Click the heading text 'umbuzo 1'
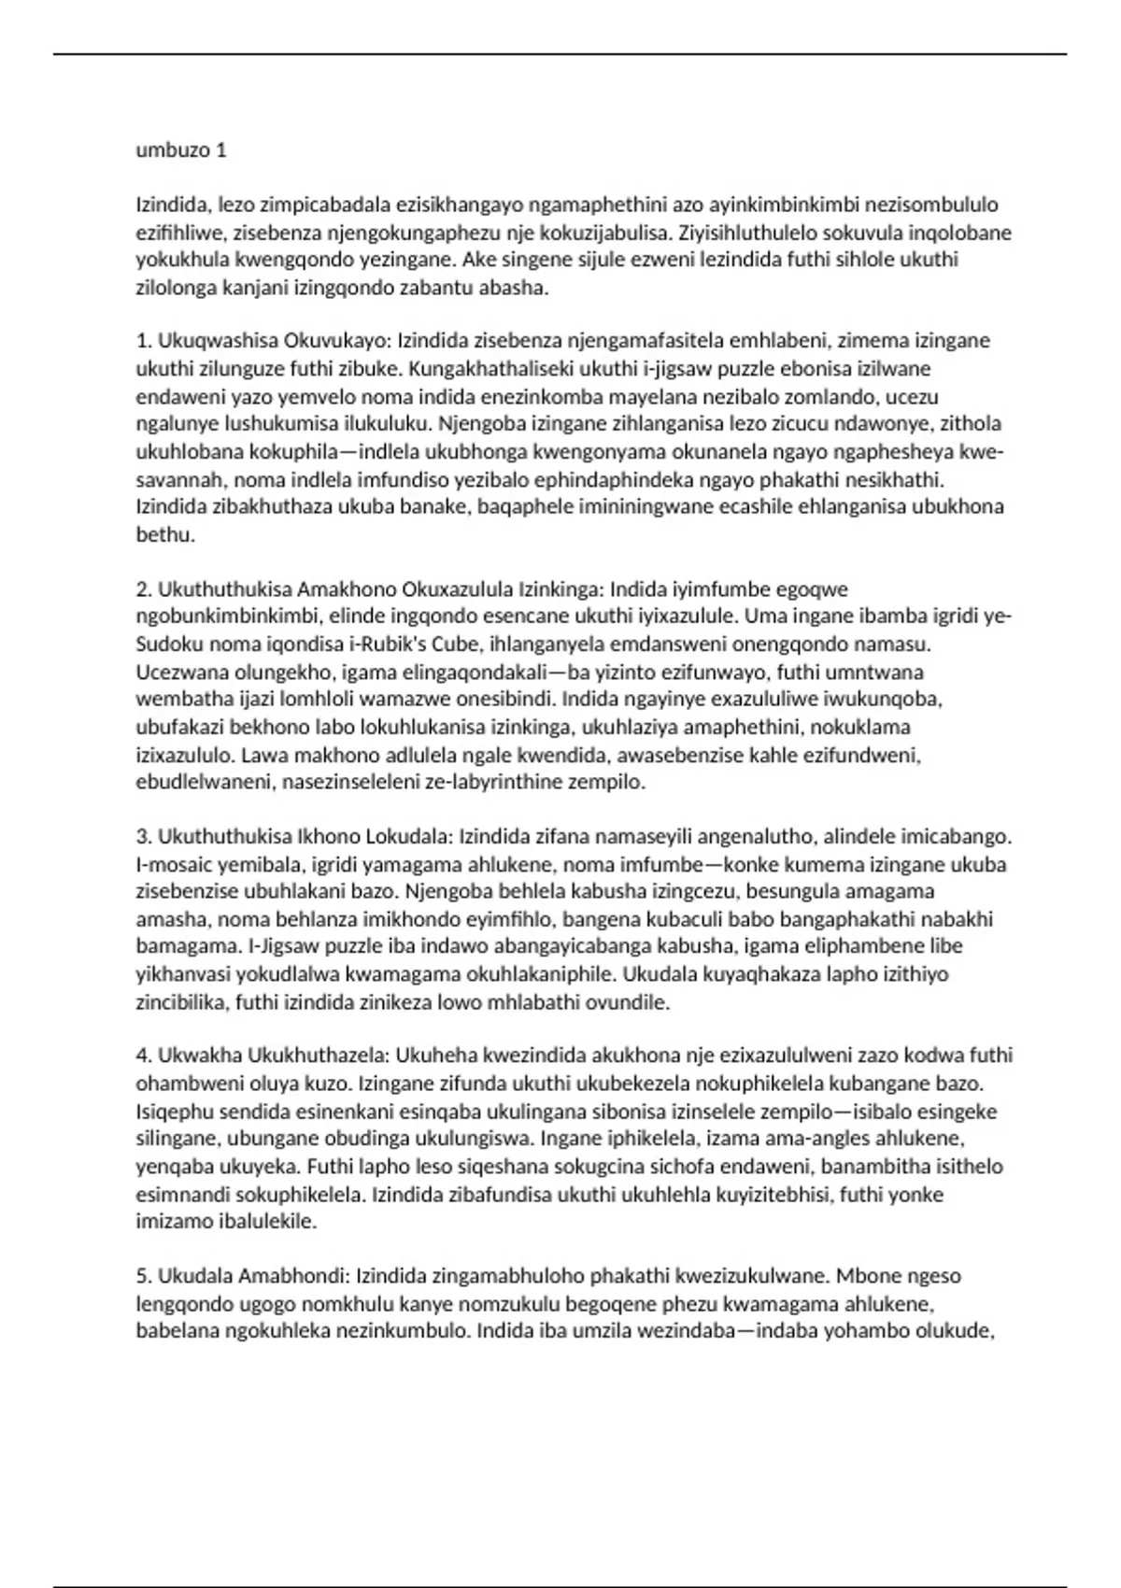(x=181, y=150)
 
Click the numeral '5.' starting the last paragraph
(x=144, y=1276)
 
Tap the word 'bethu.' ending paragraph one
(x=165, y=535)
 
